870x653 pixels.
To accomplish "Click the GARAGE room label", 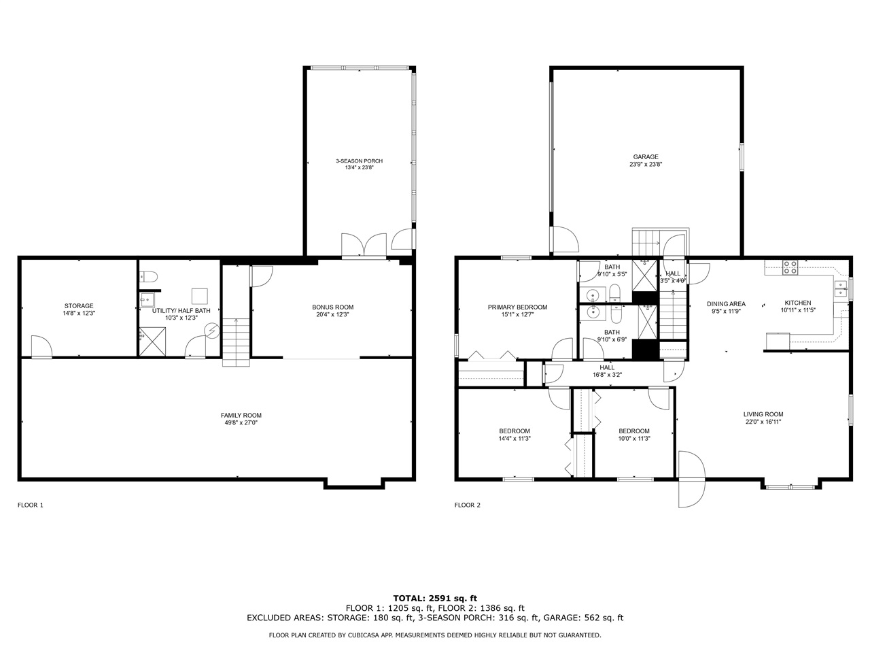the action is pos(646,156).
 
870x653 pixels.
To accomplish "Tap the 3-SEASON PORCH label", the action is pos(359,161).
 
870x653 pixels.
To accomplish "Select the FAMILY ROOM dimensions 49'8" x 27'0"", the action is pos(241,422).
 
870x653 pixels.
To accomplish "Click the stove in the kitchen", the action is pos(790,267).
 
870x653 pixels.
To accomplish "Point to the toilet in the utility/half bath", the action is pos(149,276).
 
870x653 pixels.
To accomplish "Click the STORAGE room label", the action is pos(79,305).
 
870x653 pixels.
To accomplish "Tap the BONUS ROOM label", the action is pos(332,307).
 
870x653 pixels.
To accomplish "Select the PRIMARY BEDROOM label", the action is pos(517,307).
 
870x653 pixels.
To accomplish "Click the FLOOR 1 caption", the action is pos(31,505).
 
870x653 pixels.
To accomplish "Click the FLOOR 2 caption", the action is pos(468,505).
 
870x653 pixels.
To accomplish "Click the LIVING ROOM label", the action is pos(763,414).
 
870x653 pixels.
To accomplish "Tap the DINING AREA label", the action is pos(726,303).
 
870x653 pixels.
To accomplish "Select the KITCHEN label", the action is pos(798,303).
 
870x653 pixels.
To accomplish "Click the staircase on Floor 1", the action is pos(236,342).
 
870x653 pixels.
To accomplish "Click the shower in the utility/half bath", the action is pos(153,341).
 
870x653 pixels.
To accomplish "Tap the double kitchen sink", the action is pos(841,288).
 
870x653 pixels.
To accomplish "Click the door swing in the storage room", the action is pos(41,346).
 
